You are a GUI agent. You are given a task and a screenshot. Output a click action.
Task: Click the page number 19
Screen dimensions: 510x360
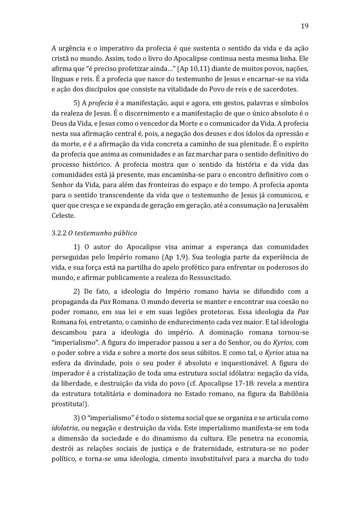pyautogui.click(x=304, y=25)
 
